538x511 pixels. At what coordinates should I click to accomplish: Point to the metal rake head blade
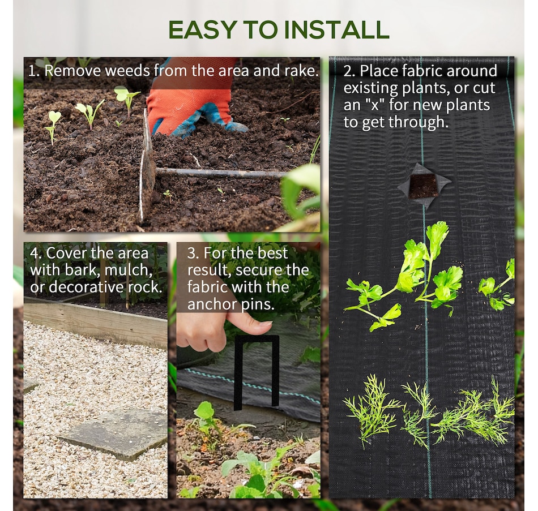[147, 170]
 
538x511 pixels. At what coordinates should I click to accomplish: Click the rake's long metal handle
[221, 173]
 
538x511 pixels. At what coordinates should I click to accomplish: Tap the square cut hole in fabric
[424, 186]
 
